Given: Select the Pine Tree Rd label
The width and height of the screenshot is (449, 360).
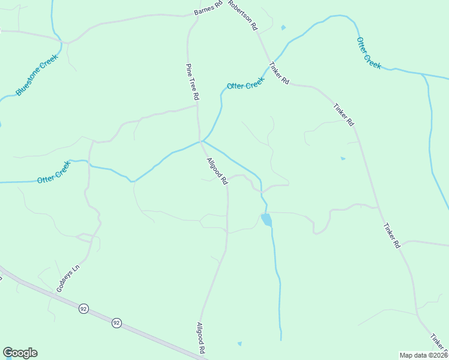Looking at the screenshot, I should click(x=193, y=82).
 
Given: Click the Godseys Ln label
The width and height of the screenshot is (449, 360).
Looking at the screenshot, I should click(x=68, y=278).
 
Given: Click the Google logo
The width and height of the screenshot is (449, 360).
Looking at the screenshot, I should click(x=20, y=353).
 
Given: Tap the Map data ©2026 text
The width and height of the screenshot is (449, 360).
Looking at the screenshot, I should click(x=424, y=355).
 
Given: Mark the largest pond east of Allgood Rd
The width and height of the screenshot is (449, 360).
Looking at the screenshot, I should click(x=266, y=220).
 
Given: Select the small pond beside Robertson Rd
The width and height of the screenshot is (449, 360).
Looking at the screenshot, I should click(x=283, y=27).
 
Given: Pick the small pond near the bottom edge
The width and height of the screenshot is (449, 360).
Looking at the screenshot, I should click(x=240, y=344).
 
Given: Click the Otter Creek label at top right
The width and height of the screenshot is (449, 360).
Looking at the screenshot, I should click(x=369, y=53).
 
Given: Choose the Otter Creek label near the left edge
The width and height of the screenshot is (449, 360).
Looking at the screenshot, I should click(x=53, y=175).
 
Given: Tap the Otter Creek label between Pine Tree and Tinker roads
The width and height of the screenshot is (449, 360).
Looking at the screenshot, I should click(x=245, y=83).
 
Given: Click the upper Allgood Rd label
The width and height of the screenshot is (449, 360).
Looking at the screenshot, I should click(x=217, y=171).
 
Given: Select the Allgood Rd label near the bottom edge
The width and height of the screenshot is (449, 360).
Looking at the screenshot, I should click(x=202, y=338).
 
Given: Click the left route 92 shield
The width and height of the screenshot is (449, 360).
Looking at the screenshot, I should click(x=83, y=308).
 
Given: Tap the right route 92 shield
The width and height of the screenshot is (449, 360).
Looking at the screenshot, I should click(x=116, y=323).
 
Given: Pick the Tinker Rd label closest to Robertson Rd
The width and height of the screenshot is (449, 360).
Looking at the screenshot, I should click(x=279, y=73).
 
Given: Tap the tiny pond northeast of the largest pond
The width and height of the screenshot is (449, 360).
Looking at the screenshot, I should click(x=343, y=158).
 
